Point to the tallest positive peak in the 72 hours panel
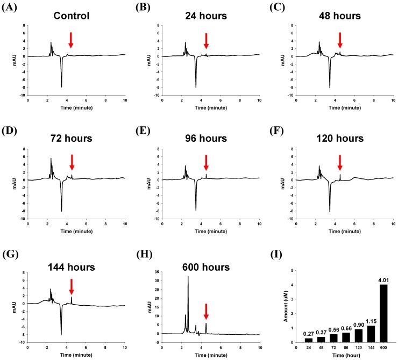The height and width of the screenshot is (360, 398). click(x=51, y=159)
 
